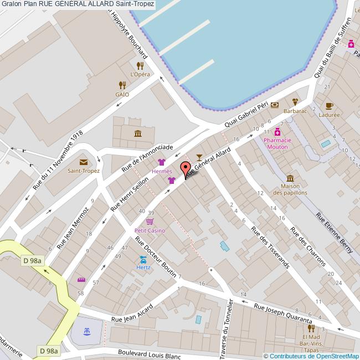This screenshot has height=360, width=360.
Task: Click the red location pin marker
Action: click(186, 168)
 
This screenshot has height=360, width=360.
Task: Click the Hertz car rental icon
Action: click(143, 259)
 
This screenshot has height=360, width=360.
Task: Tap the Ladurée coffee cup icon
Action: click(329, 106)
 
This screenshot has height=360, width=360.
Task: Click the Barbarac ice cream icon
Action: click(295, 102)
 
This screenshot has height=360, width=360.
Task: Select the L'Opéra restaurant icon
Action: click(140, 66)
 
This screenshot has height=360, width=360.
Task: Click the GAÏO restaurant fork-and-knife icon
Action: click(122, 85)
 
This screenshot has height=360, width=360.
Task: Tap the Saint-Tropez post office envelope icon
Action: click(84, 162)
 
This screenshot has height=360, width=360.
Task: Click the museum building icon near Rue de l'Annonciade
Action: click(137, 133)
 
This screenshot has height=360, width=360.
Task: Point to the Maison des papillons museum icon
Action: click(290, 178)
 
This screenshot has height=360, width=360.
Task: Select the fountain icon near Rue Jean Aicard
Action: click(87, 331)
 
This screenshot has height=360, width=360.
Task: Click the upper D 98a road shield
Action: click(33, 261)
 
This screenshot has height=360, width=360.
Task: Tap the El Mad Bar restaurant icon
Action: click(311, 327)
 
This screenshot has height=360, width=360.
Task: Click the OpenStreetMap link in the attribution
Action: click(337, 356)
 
